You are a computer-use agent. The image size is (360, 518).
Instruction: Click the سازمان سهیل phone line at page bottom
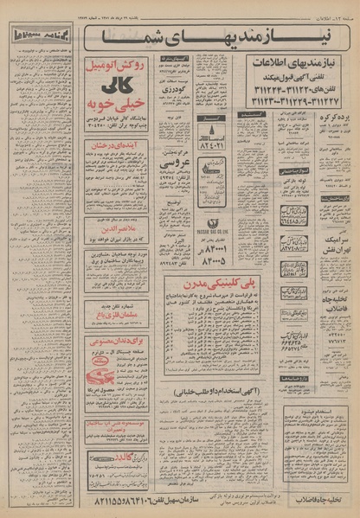pyautogui.click(x=186, y=500)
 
